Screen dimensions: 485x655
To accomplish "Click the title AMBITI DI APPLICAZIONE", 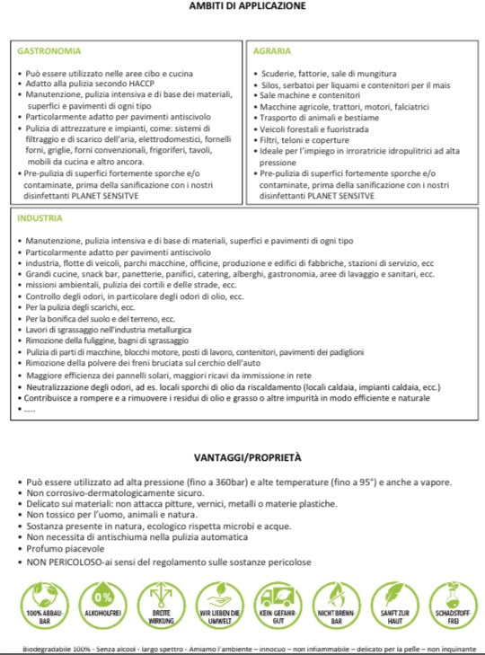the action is click(247, 6).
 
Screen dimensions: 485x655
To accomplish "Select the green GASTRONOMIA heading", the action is click(49, 51).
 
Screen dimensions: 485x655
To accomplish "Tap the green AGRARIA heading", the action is click(271, 51).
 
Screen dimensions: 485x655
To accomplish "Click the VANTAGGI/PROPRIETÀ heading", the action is click(247, 458).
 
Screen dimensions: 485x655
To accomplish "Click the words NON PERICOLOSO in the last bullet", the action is click(60, 562).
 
